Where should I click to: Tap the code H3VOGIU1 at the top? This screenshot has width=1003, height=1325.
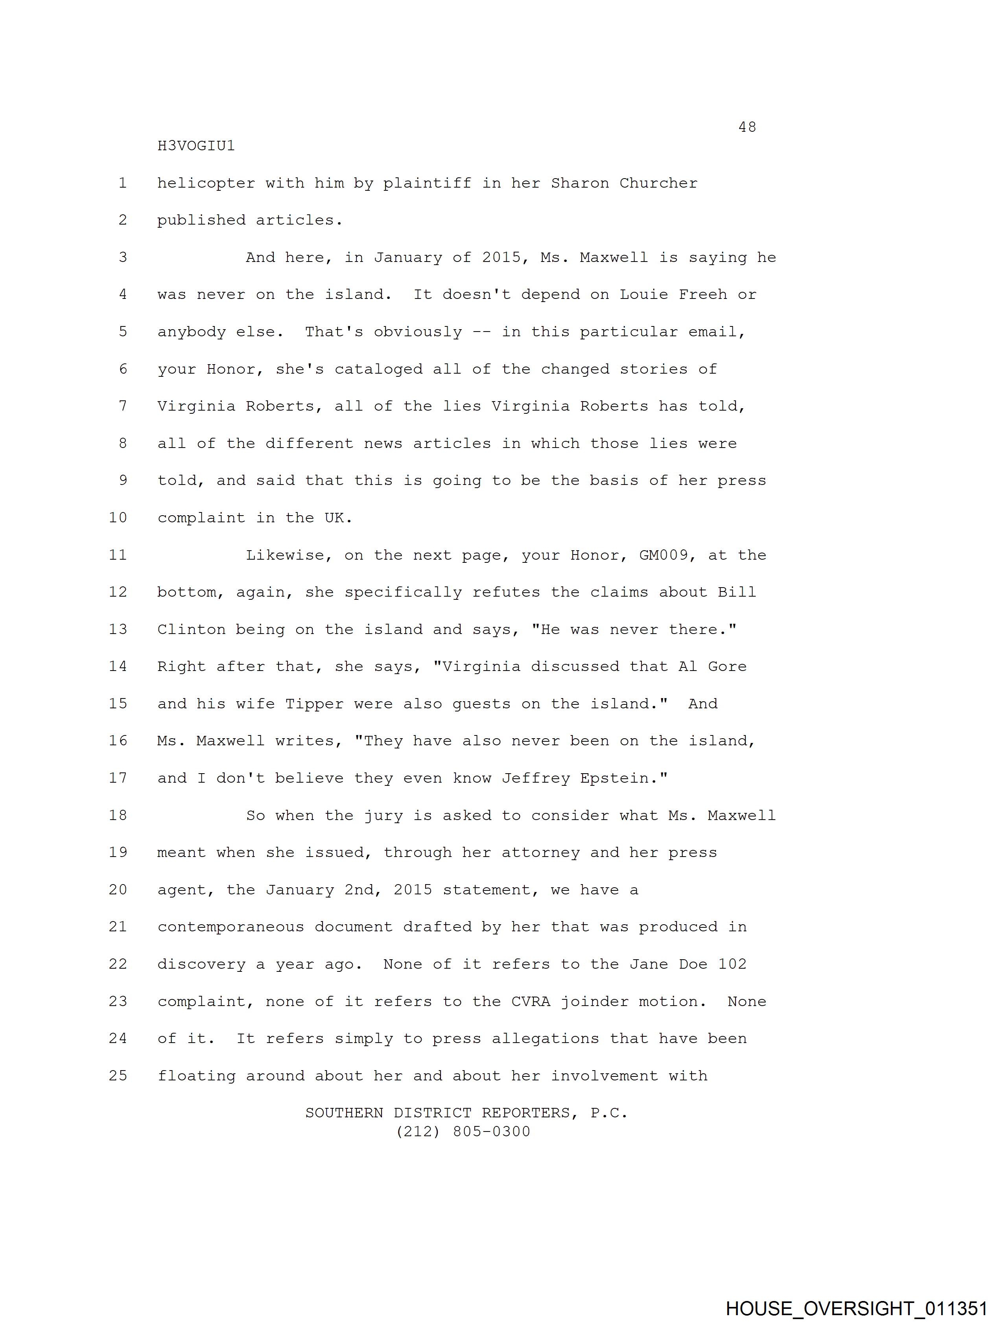pos(196,146)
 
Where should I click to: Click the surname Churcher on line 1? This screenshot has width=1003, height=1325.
pos(658,183)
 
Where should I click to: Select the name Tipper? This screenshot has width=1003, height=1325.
pos(314,704)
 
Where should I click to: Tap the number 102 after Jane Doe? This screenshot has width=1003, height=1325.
pos(732,964)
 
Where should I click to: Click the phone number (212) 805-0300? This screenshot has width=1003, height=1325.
pos(463,1132)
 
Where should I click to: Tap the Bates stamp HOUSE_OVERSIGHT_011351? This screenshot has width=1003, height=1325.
pos(856,1308)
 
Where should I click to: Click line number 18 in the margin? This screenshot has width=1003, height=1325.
pos(118,815)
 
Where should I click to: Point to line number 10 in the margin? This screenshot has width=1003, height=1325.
pos(118,518)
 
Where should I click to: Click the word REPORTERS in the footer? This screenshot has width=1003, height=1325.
pos(525,1113)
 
